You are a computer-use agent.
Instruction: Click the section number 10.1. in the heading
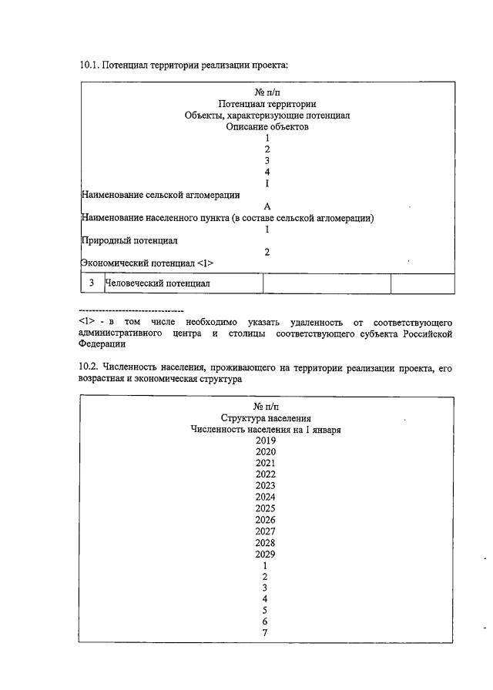[x=89, y=65]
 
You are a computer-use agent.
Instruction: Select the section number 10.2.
[x=89, y=369]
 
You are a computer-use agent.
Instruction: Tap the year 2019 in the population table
[x=266, y=440]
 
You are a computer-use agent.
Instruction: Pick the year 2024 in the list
[x=266, y=497]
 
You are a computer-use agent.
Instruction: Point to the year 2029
[x=266, y=554]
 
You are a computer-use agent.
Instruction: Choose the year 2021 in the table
[x=266, y=463]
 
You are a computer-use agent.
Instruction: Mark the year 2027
[x=266, y=531]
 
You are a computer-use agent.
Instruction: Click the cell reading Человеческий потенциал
[x=157, y=283]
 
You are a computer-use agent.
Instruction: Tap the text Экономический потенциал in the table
[x=147, y=263]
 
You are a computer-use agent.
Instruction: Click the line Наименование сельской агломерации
[x=160, y=195]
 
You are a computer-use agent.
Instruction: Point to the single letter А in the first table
[x=267, y=206]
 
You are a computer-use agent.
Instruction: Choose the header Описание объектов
[x=267, y=127]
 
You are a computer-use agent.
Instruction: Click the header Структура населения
[x=266, y=417]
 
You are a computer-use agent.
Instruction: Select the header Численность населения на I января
[x=266, y=429]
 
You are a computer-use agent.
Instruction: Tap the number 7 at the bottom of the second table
[x=265, y=634]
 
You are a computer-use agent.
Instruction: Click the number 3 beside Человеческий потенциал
[x=91, y=283]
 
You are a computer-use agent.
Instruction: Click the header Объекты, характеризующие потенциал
[x=267, y=116]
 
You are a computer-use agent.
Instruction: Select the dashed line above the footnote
[x=131, y=310]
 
